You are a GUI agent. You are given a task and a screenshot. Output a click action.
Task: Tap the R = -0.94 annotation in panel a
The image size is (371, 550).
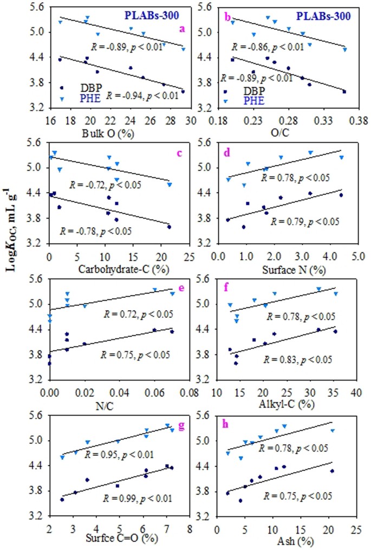[140, 95]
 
